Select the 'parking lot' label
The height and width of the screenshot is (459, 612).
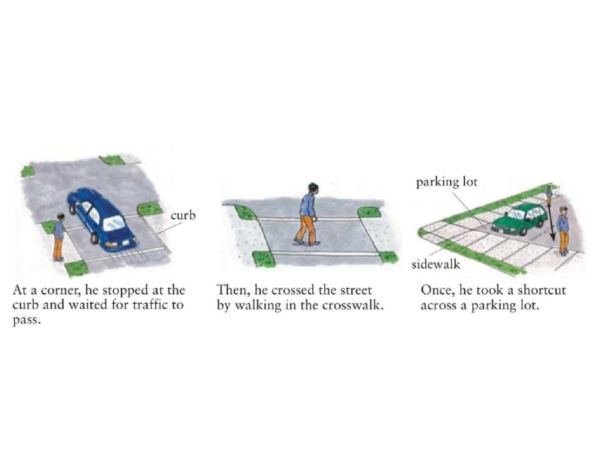click(447, 182)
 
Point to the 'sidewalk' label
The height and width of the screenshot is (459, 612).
click(436, 264)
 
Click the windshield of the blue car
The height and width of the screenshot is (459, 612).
click(115, 223)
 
